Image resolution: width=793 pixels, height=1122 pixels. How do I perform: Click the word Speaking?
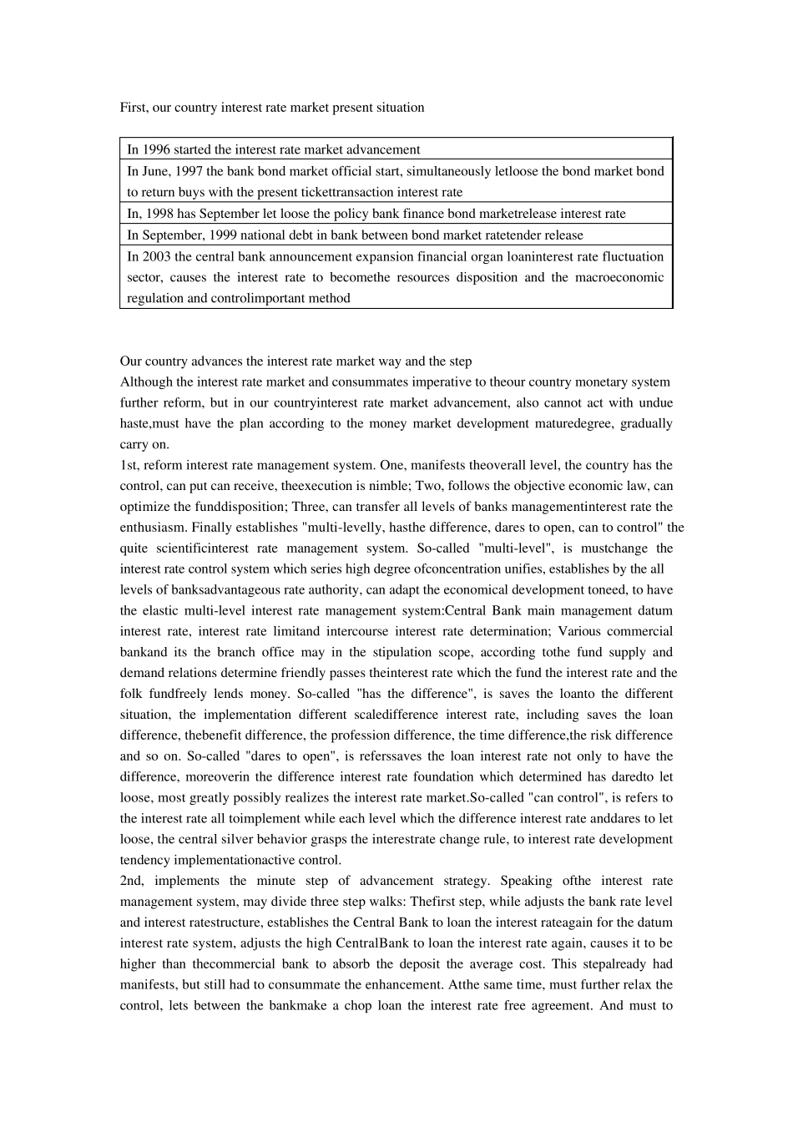[528, 881]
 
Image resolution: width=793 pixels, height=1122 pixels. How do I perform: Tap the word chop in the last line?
[357, 1005]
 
